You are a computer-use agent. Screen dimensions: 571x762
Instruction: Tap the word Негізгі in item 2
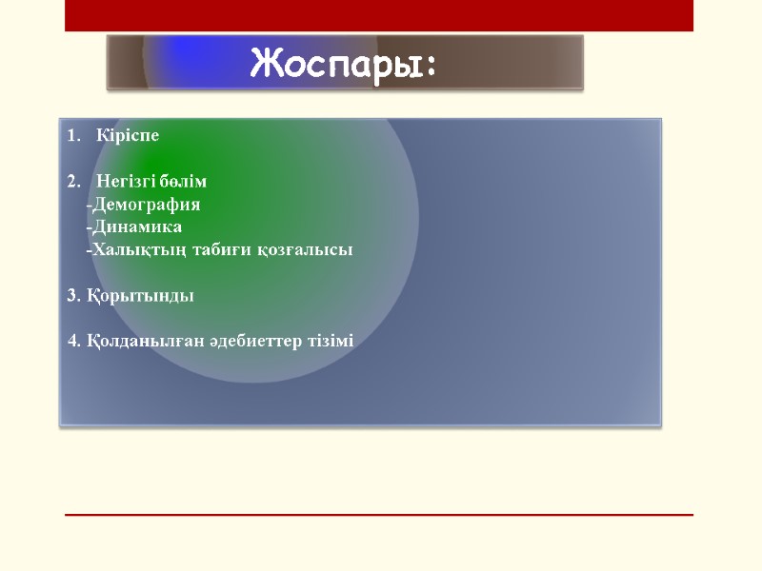click(x=126, y=182)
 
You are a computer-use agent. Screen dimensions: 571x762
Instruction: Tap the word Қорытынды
click(x=139, y=296)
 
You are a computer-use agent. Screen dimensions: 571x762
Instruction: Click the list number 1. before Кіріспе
click(x=73, y=135)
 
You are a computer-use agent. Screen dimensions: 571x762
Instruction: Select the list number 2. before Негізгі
click(x=73, y=182)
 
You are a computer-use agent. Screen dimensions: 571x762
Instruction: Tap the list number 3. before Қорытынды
click(x=73, y=296)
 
